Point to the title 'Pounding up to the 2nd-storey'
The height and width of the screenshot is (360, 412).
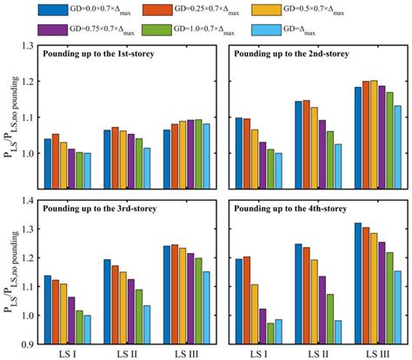(x=284, y=53)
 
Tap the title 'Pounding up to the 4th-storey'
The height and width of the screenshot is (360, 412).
(x=284, y=209)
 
